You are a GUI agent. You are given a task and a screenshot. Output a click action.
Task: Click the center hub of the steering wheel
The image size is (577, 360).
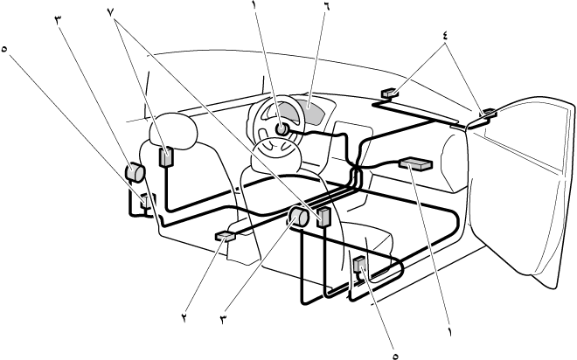[282, 128]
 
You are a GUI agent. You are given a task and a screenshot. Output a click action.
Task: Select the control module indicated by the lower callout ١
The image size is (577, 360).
[415, 163]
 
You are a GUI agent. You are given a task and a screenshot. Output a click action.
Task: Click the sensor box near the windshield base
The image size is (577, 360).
[390, 93]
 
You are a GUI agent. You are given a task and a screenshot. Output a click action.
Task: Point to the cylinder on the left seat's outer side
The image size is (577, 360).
[136, 173]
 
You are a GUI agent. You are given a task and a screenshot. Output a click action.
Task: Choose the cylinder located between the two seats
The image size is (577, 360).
[298, 217]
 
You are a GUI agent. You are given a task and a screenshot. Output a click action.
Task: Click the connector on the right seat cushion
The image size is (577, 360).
[359, 266]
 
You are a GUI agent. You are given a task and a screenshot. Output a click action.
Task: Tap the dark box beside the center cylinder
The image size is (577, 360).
[323, 217]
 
